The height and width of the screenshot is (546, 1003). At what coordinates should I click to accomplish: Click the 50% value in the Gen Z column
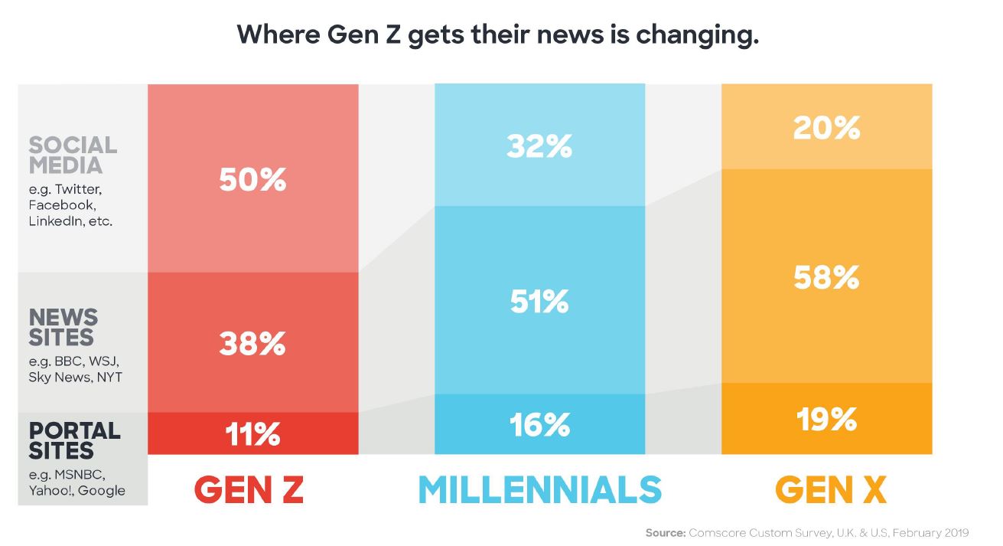click(252, 181)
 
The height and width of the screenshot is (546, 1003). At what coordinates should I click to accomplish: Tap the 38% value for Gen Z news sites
click(252, 345)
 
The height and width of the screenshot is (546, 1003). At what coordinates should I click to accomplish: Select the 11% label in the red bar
click(252, 435)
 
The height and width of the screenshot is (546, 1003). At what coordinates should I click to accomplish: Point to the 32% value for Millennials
click(539, 147)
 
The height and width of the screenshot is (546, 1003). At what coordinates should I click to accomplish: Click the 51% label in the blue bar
click(539, 302)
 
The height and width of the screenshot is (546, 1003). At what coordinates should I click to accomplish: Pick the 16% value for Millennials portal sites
click(539, 425)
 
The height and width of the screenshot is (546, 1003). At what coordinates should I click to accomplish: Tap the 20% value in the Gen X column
click(826, 128)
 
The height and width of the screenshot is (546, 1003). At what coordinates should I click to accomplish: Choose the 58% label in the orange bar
click(826, 277)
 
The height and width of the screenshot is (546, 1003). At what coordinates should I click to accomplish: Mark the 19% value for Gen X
click(826, 419)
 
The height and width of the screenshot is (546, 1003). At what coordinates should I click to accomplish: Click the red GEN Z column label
click(249, 489)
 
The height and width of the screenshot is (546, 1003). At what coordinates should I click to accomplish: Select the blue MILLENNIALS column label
click(539, 489)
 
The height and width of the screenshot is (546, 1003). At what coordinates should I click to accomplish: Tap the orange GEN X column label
click(831, 489)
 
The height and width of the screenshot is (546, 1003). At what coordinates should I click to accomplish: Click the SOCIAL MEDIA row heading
click(73, 155)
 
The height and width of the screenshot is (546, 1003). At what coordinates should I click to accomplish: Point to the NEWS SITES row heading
click(63, 327)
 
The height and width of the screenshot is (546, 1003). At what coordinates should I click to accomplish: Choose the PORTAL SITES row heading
click(73, 440)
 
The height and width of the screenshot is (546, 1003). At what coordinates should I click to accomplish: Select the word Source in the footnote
click(664, 532)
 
